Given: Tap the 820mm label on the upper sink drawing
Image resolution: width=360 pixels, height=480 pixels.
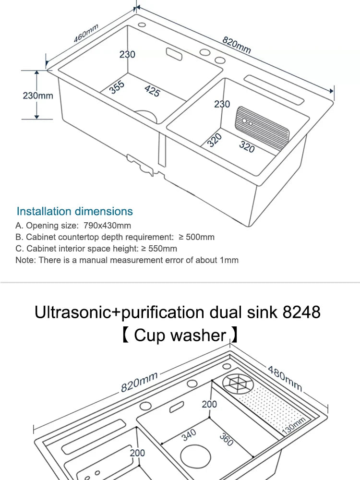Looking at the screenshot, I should coord(237,45).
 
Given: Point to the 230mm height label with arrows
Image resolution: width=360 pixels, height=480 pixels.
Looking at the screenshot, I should coord(38,96).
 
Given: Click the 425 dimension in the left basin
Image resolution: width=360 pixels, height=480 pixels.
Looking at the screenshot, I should coord(152,90).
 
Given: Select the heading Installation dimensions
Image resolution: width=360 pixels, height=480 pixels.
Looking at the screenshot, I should coord(74,211).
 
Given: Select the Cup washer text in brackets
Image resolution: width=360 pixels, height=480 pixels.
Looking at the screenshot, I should coord(180,335).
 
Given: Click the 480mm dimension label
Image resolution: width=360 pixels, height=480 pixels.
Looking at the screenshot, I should coord(285,378).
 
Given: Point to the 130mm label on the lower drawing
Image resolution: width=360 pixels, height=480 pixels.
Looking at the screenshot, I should coord(293,427).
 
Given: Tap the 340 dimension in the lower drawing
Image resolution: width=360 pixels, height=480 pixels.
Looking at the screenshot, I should coord(189,435).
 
